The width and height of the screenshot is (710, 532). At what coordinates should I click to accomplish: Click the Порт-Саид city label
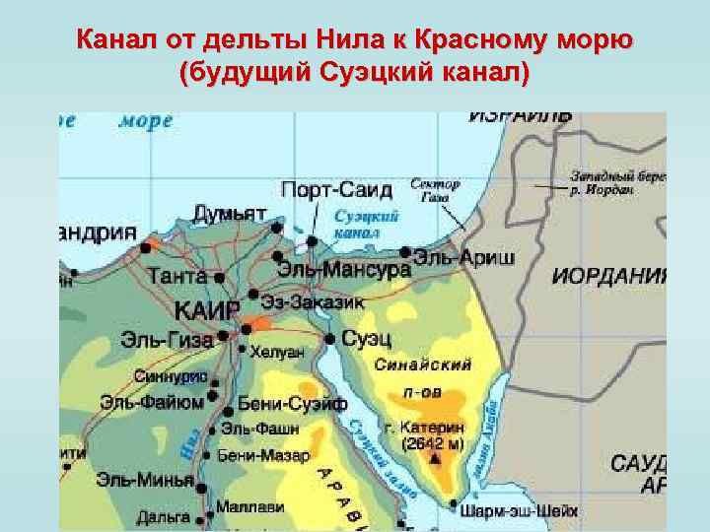(x=336, y=189)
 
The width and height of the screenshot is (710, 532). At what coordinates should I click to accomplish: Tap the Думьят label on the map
(x=229, y=214)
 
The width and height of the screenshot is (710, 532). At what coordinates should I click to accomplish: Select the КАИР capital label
(x=206, y=310)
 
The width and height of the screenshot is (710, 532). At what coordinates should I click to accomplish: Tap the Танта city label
(x=177, y=277)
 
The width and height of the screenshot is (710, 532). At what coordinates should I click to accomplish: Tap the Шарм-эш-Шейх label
(x=520, y=510)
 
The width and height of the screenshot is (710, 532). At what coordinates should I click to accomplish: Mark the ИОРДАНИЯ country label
(x=609, y=275)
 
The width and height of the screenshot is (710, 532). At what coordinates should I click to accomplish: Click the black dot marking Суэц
(x=329, y=339)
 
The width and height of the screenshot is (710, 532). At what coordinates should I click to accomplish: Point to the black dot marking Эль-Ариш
(x=404, y=252)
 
